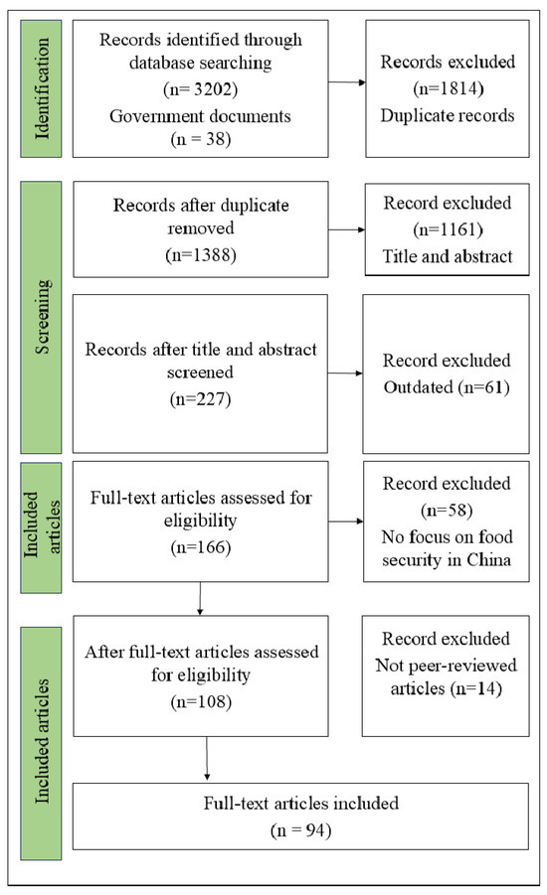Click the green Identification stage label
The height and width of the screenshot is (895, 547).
tap(43, 87)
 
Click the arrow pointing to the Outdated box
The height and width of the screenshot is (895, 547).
tap(345, 373)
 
